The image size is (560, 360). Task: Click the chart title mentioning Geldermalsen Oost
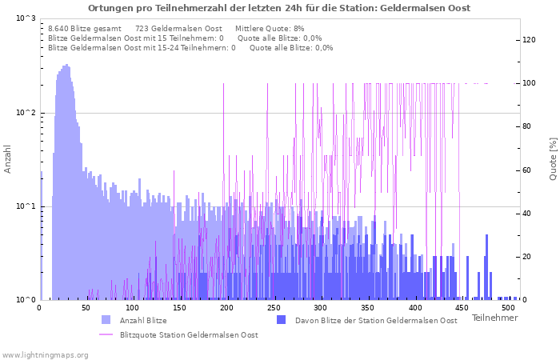tap(279, 8)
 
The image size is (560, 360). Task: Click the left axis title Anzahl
tap(8, 159)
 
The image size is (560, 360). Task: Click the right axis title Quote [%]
tap(552, 158)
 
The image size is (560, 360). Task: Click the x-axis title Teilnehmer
tap(494, 318)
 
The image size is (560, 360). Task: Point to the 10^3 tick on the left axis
tap(26, 18)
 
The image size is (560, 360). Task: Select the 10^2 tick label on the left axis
tap(26, 113)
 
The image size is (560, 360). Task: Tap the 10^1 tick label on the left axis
tap(26, 206)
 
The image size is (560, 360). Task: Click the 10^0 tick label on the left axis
tap(26, 300)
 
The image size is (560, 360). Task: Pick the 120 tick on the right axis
tap(529, 40)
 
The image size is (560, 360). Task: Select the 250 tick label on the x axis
tap(274, 308)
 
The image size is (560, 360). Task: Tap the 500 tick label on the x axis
tap(509, 308)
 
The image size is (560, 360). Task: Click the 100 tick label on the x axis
tap(133, 308)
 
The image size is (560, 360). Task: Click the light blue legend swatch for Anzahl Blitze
tap(106, 320)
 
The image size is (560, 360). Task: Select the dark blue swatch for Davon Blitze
tap(281, 320)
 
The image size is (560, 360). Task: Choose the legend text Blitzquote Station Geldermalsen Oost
tap(189, 334)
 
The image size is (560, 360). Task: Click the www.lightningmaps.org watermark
tap(44, 354)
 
